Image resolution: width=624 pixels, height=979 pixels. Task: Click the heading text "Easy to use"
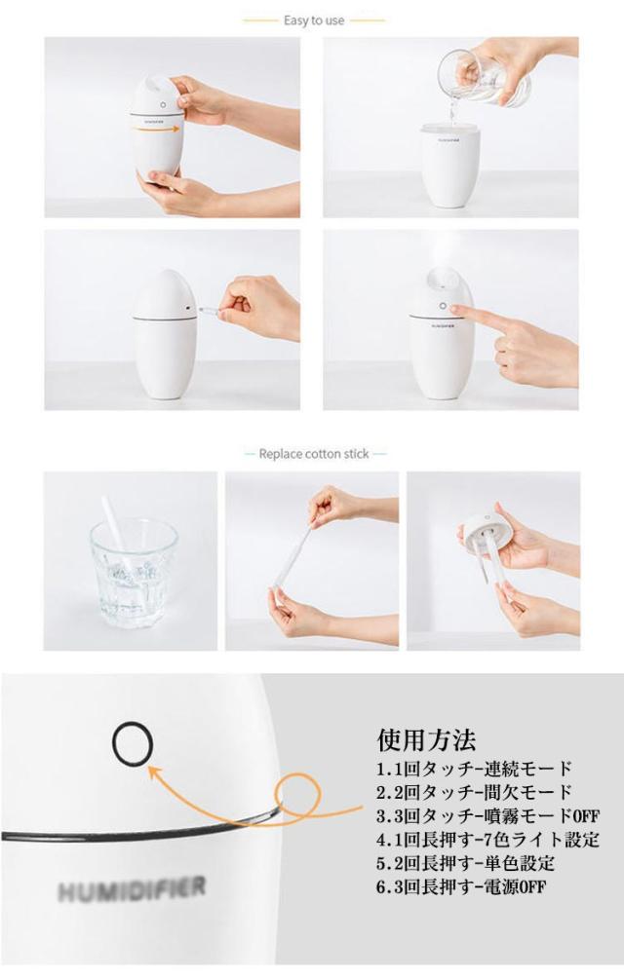(314, 20)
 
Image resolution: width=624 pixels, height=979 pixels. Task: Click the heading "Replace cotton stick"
(314, 454)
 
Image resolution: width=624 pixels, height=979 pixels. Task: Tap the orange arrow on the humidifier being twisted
(156, 130)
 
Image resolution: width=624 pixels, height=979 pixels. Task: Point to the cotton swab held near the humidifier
(210, 310)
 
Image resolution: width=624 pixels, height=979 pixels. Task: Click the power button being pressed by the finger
(443, 307)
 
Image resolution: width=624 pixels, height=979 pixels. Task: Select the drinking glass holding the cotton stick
(133, 571)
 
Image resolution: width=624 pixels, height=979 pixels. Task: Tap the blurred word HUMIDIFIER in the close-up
(132, 889)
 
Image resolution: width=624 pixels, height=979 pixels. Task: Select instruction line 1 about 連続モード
(474, 768)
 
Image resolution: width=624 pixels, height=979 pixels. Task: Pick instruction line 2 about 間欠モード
(474, 792)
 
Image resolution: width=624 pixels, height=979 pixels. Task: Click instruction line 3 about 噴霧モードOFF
(487, 815)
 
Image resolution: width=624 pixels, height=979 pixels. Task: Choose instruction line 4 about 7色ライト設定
(487, 839)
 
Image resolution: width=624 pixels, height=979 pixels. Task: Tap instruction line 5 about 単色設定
(465, 863)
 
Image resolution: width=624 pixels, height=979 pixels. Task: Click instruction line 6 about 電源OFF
(461, 886)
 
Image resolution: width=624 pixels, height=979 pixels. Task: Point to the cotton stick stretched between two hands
(292, 555)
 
